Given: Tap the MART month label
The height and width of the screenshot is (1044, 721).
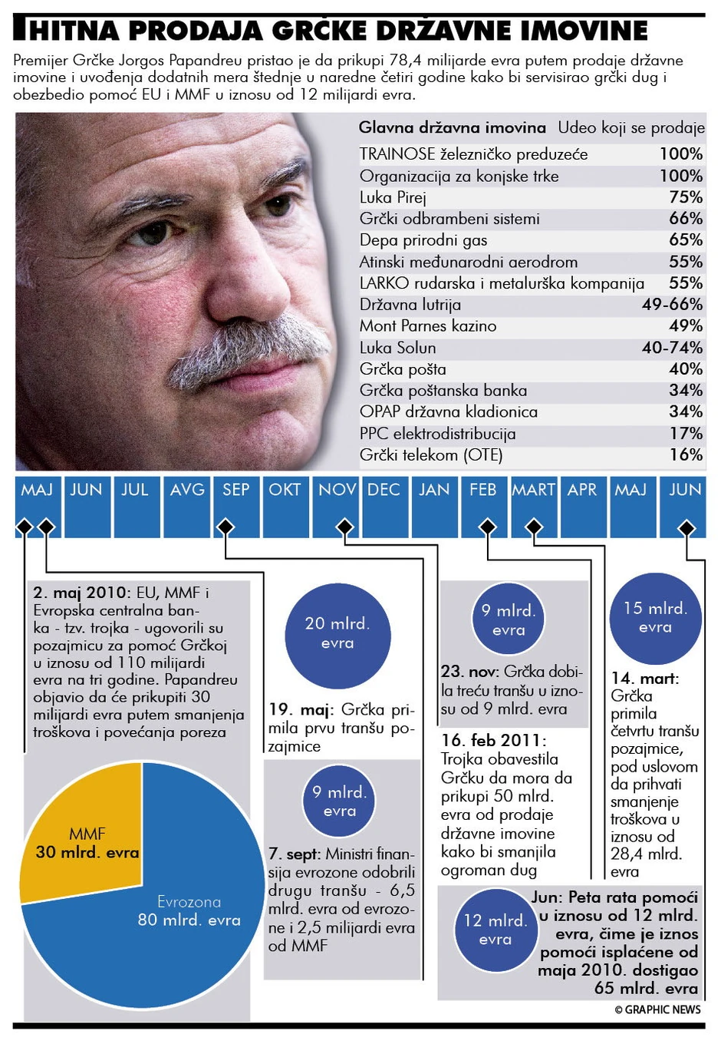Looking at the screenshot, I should tap(533, 491).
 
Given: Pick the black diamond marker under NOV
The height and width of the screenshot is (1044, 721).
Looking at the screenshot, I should tap(345, 527).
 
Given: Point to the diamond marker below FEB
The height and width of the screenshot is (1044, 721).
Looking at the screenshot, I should tap(487, 527).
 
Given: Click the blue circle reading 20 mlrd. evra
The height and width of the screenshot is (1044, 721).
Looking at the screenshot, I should tap(337, 634).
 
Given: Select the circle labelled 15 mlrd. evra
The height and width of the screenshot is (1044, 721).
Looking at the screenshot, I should tap(655, 618).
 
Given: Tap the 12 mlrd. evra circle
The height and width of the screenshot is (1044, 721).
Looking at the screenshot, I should tap(495, 930).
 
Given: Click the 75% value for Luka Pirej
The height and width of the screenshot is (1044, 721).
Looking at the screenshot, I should tap(685, 197).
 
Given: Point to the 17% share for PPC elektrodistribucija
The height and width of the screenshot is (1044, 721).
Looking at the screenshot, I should tap(685, 434).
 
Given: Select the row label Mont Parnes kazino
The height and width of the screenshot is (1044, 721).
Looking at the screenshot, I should tap(428, 326).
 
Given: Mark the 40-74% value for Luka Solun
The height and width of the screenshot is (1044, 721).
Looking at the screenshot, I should tap(672, 348).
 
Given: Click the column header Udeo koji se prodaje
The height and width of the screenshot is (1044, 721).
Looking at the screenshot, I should tap(630, 128).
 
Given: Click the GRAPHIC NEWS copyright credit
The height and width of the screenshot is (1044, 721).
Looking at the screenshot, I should tap(657, 1009).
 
